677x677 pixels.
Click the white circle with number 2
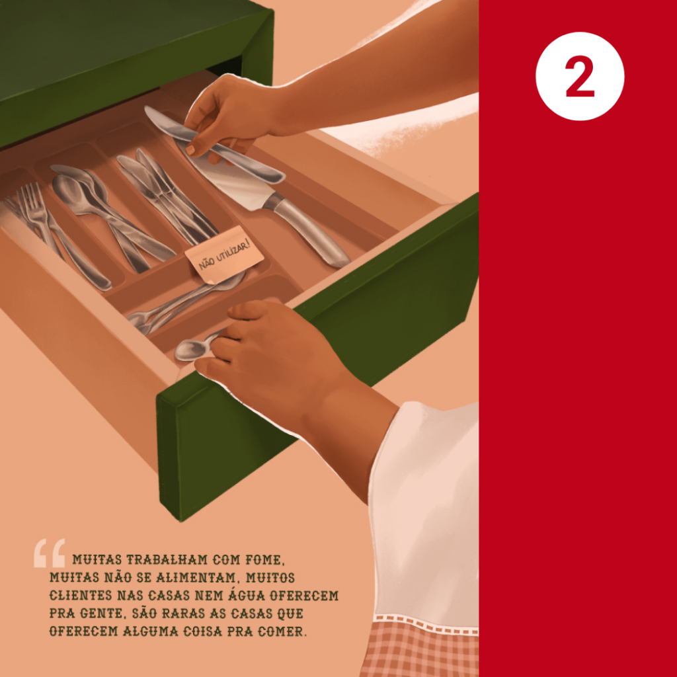tap(579, 76)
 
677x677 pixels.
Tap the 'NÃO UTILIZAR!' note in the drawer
tap(225, 255)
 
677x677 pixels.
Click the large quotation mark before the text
tap(50, 553)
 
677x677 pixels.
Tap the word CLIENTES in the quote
tap(81, 596)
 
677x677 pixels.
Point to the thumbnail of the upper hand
tap(190, 150)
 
